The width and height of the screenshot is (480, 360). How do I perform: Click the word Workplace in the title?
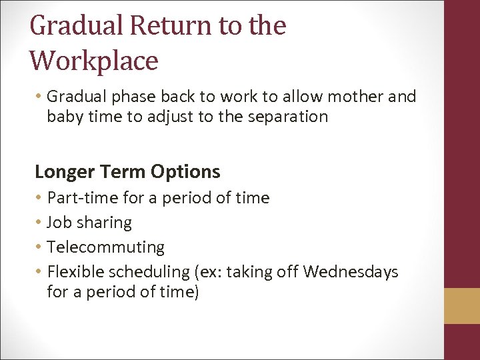pyautogui.click(x=94, y=60)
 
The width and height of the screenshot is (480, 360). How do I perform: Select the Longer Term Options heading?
pyautogui.click(x=127, y=171)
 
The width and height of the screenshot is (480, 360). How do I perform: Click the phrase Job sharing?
pyautogui.click(x=89, y=223)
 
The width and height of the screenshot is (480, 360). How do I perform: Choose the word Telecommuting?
pyautogui.click(x=105, y=247)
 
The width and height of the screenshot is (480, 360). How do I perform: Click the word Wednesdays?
pyautogui.click(x=351, y=272)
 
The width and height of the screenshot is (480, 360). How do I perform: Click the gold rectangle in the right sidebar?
pyautogui.click(x=462, y=306)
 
